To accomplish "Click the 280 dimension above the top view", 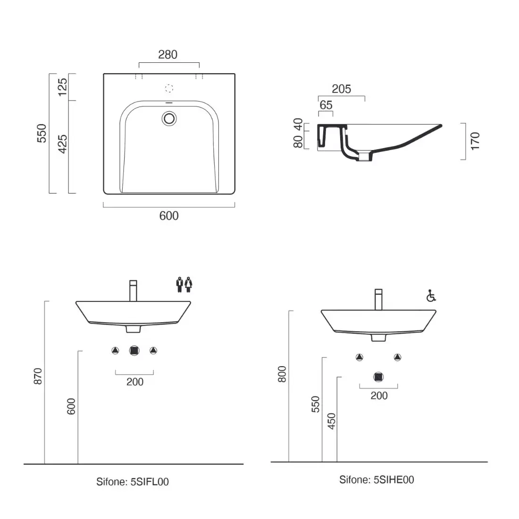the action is pos(168,55).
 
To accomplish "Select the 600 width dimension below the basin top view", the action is pos(169,216).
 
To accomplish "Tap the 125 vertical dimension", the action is pos(63,87).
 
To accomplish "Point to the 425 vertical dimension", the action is pos(63,144).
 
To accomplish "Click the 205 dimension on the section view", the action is pos(341,89).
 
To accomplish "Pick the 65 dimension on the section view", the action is pos(326,105).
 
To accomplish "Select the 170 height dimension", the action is pos(475,141).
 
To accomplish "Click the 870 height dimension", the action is pos(38,376).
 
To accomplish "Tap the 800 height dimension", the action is pos(282,374).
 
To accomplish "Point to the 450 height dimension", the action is pos(331,421).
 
